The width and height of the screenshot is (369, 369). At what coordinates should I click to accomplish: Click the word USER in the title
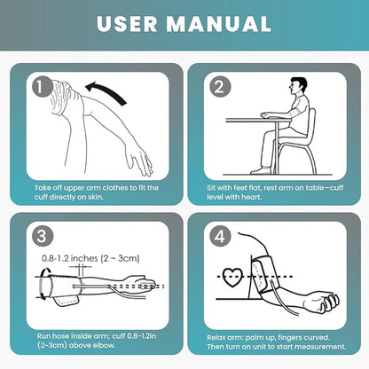pos(127,24)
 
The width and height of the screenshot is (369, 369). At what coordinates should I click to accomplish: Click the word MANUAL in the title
pos(219,24)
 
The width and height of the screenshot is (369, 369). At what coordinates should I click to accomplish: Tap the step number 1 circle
pos(43,88)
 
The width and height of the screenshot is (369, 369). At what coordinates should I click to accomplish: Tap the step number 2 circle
pos(220,88)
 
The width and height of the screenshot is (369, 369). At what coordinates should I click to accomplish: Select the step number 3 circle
pos(43,237)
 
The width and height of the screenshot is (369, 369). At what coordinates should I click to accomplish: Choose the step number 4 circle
pos(220,237)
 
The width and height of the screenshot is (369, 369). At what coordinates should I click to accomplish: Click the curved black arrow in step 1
pos(106,90)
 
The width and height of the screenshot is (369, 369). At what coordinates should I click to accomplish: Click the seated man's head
pos(297,86)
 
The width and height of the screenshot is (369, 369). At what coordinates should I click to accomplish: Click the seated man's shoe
pos(261,170)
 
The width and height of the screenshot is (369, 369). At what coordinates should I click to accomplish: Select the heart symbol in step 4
pos(232,278)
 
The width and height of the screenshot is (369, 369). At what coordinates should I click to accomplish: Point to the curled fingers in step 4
pos(331,302)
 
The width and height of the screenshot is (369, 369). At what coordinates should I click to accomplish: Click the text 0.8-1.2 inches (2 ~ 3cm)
pos(90,258)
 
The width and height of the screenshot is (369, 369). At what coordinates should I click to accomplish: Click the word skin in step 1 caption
pos(95,197)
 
